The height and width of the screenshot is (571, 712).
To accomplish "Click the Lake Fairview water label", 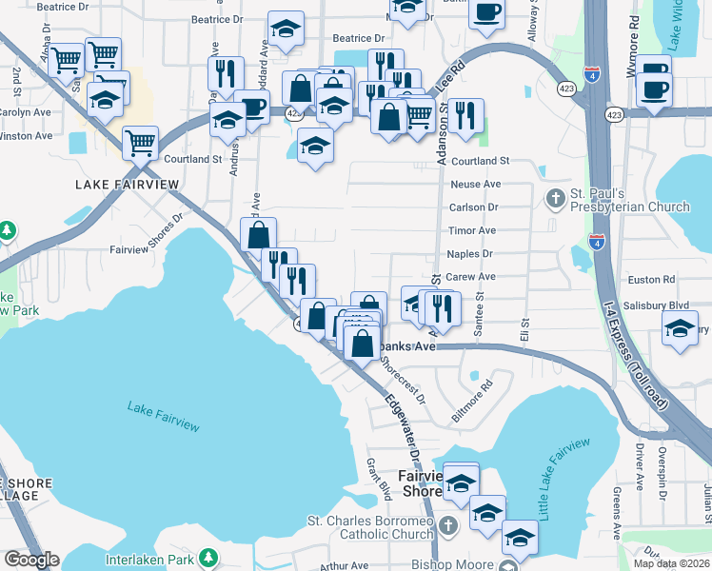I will (x=164, y=416).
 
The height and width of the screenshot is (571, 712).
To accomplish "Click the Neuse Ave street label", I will (x=475, y=184).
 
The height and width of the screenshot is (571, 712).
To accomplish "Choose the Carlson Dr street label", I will (x=473, y=207).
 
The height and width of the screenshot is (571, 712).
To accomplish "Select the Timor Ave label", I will (x=472, y=230).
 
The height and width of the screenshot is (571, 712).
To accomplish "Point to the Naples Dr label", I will (x=469, y=254).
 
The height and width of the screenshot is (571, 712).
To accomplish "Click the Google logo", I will (x=31, y=560).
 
